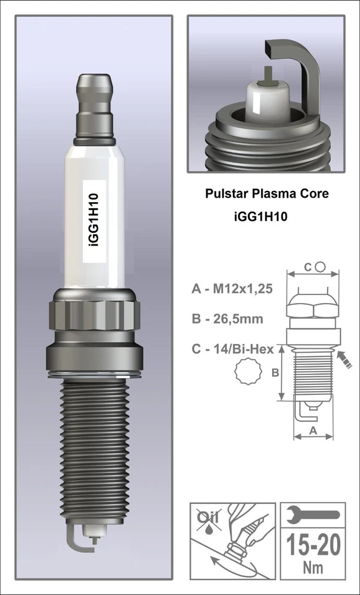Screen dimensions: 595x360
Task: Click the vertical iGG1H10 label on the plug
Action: pos(96,219)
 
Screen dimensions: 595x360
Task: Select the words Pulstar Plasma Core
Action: pos(266,193)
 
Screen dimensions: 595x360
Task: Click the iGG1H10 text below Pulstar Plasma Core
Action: pos(258,218)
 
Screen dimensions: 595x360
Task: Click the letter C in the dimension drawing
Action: pos(308,267)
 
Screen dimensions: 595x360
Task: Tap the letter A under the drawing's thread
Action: pos(312,430)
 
